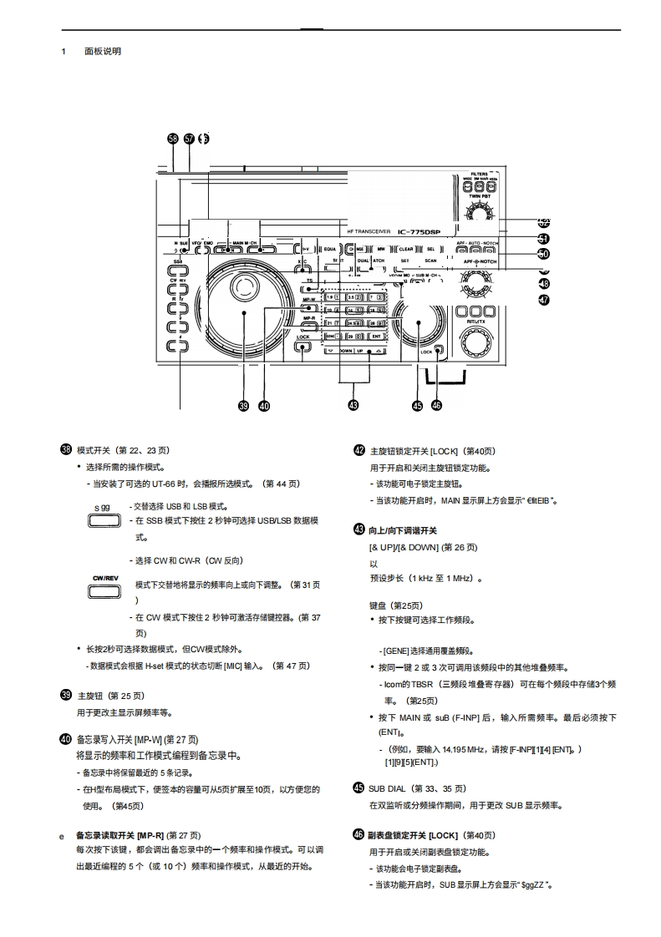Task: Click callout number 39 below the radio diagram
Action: [243, 406]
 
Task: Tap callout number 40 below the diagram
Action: [264, 406]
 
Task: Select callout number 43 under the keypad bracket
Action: [353, 406]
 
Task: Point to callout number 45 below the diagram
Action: [417, 406]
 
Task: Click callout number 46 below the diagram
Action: [436, 406]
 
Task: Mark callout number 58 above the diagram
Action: [173, 139]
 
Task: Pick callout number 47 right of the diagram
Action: [544, 300]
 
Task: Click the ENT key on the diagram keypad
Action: [376, 336]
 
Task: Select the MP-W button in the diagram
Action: [308, 296]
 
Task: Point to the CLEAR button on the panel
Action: [405, 249]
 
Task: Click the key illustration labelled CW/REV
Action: [104, 591]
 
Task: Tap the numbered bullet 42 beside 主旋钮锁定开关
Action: [359, 450]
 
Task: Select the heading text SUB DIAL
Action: [387, 788]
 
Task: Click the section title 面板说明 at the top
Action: [103, 52]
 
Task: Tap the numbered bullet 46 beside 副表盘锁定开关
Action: [359, 834]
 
